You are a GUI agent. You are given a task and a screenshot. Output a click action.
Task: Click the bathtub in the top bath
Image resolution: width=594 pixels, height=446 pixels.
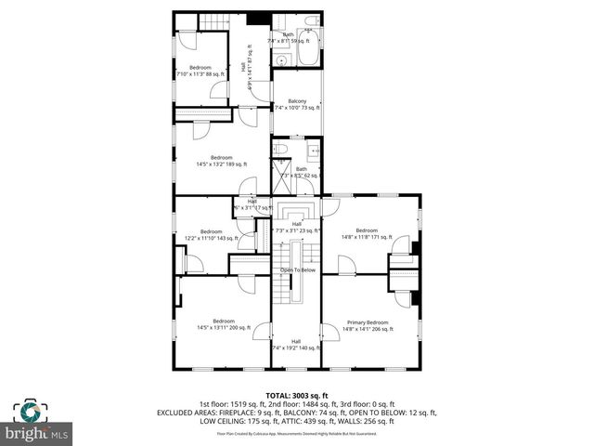click(x=310, y=46)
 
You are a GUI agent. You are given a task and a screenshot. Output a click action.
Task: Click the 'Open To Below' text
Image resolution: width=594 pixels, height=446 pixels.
click(x=298, y=270)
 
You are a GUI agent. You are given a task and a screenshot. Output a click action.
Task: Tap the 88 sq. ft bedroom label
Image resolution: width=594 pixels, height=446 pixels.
click(x=200, y=71)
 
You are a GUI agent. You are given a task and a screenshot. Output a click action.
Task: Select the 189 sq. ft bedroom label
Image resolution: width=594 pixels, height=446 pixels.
click(x=221, y=161)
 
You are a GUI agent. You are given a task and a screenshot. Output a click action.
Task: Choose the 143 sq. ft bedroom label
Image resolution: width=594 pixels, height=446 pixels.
click(x=212, y=234)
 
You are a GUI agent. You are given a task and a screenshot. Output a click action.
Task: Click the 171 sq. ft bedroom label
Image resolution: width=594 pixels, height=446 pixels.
click(x=368, y=233)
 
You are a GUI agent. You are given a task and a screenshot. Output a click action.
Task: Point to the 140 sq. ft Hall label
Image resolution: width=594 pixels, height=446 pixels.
click(x=296, y=344)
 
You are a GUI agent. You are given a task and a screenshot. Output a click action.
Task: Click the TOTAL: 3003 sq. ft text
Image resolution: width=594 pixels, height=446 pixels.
click(x=298, y=395)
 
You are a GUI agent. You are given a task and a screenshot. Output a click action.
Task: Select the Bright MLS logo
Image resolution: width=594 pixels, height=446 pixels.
click(x=36, y=433)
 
